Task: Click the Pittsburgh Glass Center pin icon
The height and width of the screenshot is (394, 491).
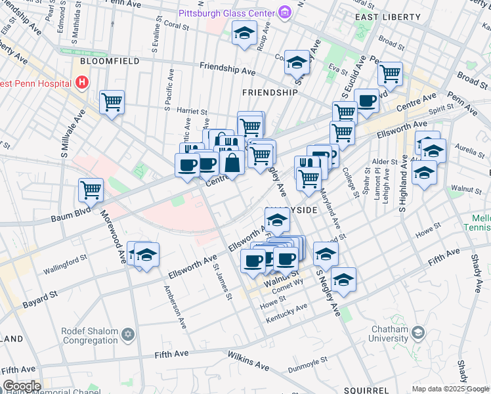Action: [x=284, y=12]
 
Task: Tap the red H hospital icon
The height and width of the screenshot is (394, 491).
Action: [x=82, y=83]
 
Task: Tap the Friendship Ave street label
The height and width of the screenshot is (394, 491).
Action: [x=227, y=68]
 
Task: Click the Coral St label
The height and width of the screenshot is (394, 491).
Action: [x=177, y=25]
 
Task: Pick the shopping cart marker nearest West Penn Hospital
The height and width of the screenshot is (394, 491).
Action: [x=112, y=102]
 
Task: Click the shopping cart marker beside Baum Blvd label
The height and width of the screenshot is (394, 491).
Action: [x=91, y=190]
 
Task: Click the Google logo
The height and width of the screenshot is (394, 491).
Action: [x=22, y=386]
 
